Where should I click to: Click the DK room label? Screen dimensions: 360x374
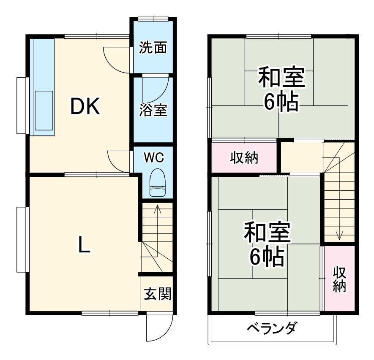point(85,106)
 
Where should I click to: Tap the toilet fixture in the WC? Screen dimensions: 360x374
point(157,183)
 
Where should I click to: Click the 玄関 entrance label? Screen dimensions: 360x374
point(157,293)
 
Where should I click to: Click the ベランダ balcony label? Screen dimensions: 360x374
point(271,328)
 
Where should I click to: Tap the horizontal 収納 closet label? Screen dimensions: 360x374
point(244,157)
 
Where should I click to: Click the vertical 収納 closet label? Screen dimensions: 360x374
point(339,279)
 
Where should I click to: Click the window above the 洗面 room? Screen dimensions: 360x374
point(153,19)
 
